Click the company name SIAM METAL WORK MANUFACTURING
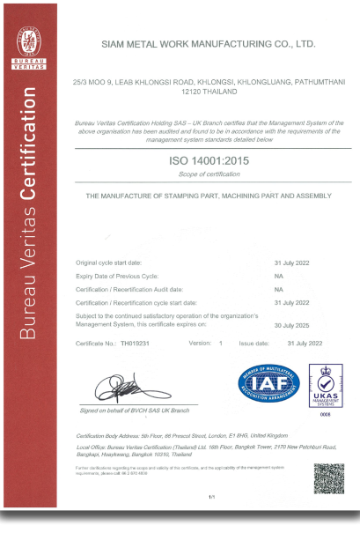tap(208, 42)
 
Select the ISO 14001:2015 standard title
tap(208, 162)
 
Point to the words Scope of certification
tap(208, 175)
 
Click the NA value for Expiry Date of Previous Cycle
tap(278, 276)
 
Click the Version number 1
tap(221, 341)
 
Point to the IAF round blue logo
tap(268, 383)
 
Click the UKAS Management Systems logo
tap(325, 384)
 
